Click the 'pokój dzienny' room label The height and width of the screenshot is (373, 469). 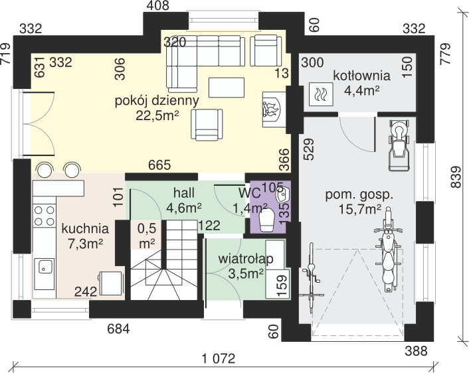(157, 101)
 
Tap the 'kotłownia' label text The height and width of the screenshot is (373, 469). (361, 76)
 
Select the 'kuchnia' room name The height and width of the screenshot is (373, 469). (85, 228)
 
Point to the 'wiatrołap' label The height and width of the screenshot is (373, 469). (246, 259)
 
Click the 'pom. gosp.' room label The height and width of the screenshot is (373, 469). (359, 196)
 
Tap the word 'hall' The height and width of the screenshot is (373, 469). (184, 193)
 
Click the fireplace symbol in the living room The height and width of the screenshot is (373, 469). (273, 110)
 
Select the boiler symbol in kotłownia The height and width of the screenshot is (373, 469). (321, 94)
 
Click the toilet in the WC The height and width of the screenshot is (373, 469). (267, 220)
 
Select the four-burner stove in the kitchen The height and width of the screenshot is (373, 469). (45, 216)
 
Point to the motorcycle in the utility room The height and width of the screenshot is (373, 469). (388, 249)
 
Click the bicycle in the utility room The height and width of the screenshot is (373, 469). (312, 277)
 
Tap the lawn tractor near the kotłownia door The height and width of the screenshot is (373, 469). (399, 145)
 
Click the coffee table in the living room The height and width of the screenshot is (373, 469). (227, 87)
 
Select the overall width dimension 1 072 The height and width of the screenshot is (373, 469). (219, 358)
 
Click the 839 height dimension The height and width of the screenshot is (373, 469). (456, 177)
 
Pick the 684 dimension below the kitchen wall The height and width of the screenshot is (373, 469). (118, 329)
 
